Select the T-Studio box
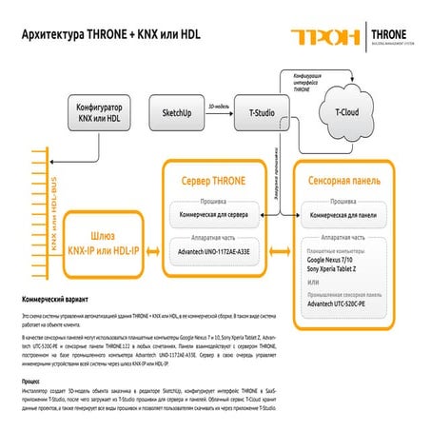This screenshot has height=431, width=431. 261,112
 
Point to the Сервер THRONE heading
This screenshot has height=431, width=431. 216,178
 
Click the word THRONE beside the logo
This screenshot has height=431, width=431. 391,32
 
